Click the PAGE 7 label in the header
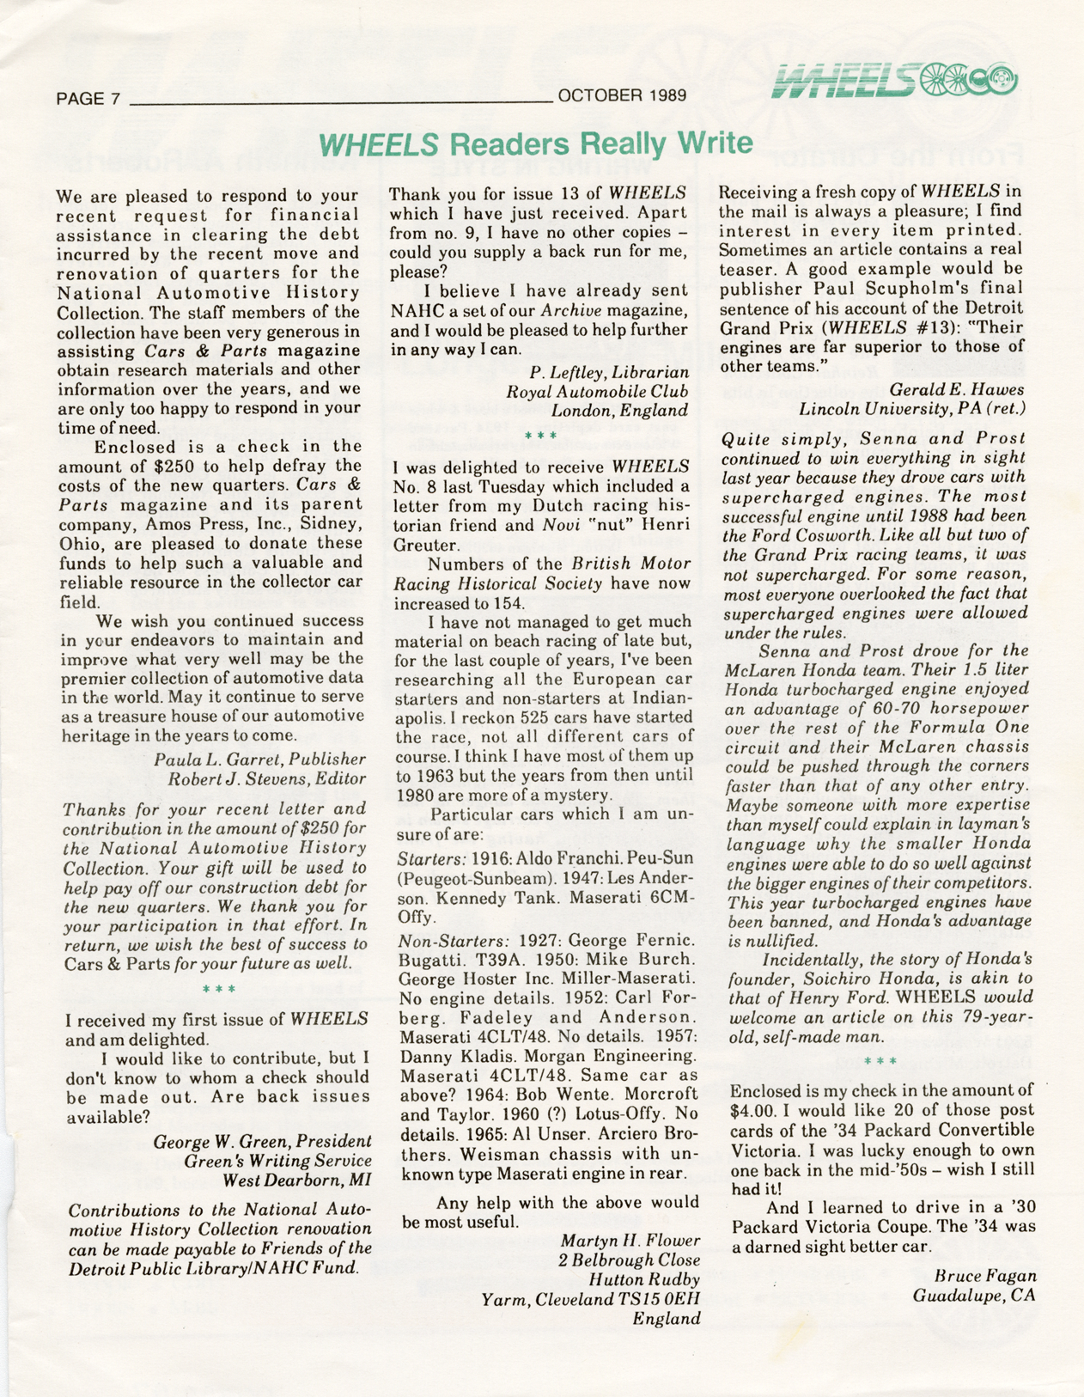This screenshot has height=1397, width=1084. point(88,98)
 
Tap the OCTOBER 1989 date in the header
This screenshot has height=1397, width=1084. point(621,95)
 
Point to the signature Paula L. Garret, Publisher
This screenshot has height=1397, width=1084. point(259,760)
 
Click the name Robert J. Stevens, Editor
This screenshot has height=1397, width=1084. point(266,779)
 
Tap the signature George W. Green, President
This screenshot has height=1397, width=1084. point(262,1142)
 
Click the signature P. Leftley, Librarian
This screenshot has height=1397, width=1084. point(609,372)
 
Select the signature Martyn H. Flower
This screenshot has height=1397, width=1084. point(630,1241)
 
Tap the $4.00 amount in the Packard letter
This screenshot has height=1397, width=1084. point(752,1110)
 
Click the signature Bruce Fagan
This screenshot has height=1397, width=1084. point(984,1276)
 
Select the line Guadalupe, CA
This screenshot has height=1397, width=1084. point(973,1296)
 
